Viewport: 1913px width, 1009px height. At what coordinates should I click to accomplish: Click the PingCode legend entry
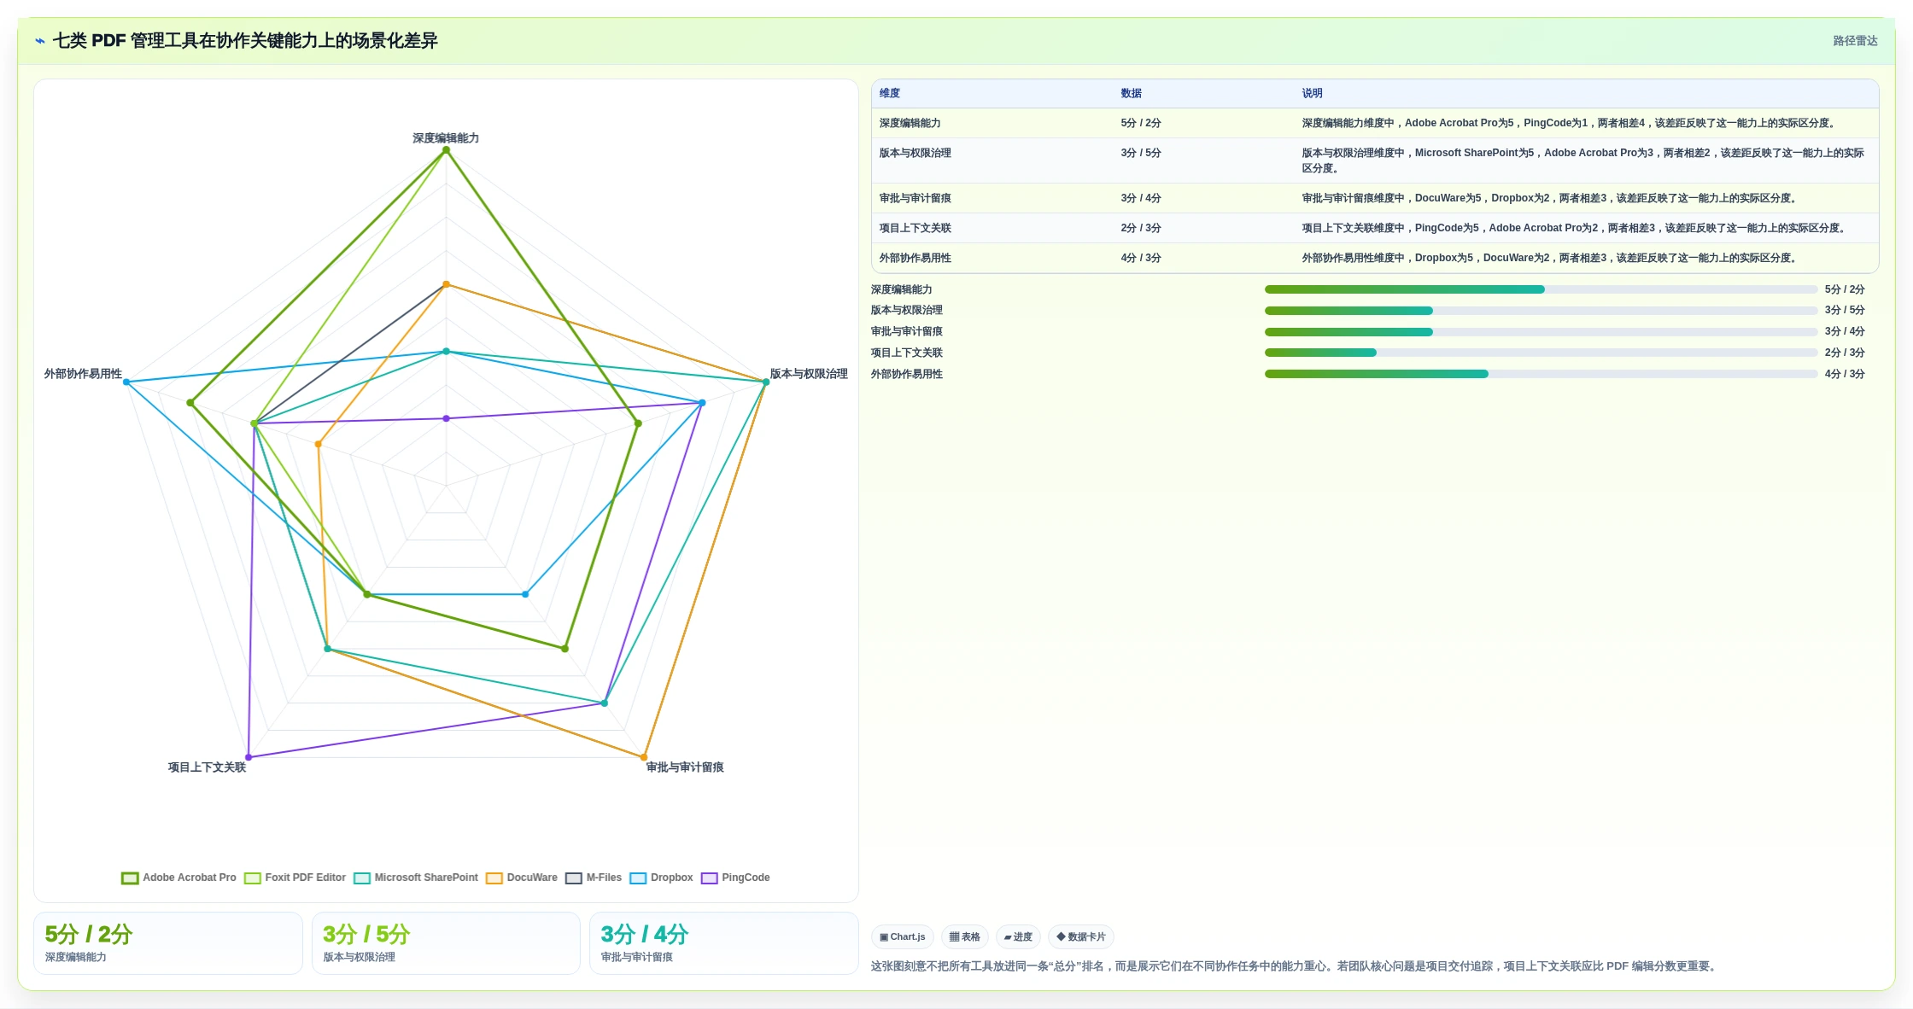[x=735, y=878]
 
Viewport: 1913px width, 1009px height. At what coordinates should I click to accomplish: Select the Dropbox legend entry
[x=661, y=878]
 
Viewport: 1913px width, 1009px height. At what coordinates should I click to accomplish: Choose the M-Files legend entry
[x=594, y=878]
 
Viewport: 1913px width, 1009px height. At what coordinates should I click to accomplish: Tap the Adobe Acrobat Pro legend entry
[x=178, y=878]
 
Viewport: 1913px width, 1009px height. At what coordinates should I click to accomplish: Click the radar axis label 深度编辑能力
[x=446, y=138]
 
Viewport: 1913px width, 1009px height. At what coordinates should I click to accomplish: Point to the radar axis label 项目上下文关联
[x=207, y=767]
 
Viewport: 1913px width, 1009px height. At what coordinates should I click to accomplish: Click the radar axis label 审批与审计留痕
[x=685, y=767]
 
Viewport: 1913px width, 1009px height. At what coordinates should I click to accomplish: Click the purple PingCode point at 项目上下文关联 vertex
[x=249, y=757]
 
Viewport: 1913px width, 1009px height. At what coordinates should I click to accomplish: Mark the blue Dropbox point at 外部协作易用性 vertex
[x=126, y=382]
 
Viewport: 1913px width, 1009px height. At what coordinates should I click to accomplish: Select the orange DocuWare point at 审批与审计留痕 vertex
[x=644, y=757]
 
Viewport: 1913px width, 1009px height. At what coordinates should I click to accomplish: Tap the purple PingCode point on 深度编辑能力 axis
[x=446, y=418]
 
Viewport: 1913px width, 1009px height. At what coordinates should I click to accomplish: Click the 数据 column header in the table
[x=1131, y=93]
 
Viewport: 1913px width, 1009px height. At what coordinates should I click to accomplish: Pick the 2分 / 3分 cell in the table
[x=1141, y=228]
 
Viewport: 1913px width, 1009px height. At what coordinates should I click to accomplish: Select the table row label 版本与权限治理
[x=916, y=153]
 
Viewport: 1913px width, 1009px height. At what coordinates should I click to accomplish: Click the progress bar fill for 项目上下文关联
[x=1320, y=353]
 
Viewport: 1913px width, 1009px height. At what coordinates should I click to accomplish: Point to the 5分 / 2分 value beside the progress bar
[x=1845, y=289]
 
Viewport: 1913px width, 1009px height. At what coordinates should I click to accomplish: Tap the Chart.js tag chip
[x=903, y=936]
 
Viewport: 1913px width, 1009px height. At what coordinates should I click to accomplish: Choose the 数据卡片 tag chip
[x=1081, y=936]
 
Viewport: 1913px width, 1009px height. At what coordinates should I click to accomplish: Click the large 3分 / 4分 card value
[x=645, y=934]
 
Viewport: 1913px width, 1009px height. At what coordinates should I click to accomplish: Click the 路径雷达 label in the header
[x=1855, y=41]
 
